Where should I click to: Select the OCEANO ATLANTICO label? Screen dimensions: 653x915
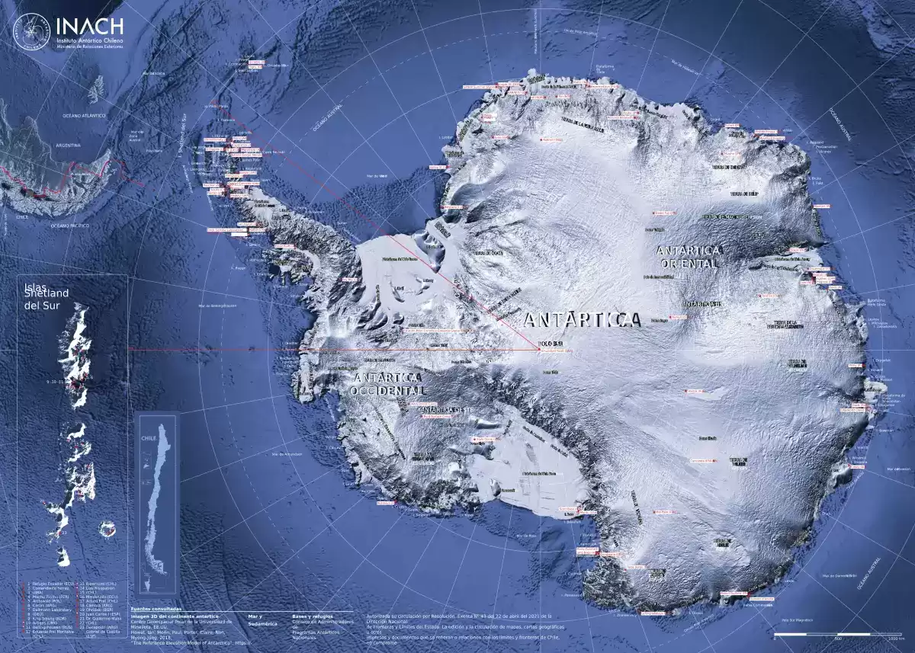pos(84,115)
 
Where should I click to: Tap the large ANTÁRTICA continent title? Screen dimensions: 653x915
pos(583,320)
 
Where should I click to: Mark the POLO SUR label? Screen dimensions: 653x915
pos(551,344)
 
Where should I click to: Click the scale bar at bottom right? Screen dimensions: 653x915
pos(838,634)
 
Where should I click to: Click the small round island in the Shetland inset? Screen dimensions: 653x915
pos(108,527)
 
